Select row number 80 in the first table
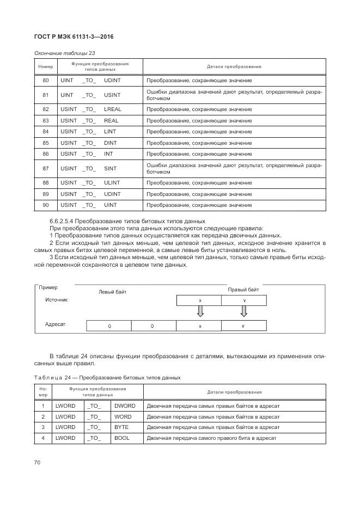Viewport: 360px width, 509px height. [46, 81]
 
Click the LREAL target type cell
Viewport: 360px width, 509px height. [113, 109]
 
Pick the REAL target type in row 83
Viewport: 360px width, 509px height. [111, 120]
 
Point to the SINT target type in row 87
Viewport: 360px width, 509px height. [111, 168]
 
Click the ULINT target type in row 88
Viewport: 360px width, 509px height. [112, 182]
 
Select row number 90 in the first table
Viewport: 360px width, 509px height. [46, 205]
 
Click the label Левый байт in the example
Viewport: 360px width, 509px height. [112, 292]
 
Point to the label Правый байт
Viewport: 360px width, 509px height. [243, 290]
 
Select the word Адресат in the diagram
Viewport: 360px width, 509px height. [55, 324]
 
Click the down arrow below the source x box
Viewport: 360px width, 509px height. [200, 311]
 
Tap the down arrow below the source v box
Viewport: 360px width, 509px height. [243, 311]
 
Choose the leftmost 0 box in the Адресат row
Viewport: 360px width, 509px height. [109, 326]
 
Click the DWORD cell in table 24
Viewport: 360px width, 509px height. [125, 406]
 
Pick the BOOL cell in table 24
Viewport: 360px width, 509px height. [122, 438]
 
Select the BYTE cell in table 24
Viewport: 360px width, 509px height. [121, 427]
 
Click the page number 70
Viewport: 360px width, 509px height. [38, 463]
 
